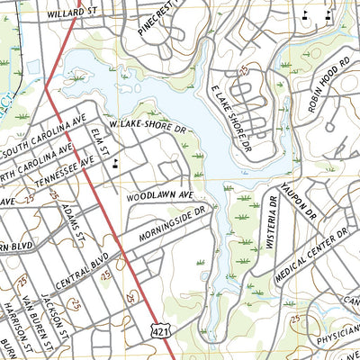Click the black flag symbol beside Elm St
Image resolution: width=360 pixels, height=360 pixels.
click(117, 163)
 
